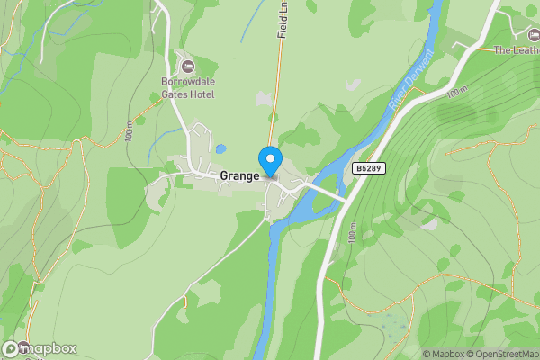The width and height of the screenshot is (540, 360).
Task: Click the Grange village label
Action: pos(239,176)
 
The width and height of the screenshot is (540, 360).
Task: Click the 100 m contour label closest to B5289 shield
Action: pos(350,231)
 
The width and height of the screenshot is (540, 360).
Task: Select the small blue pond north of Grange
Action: pos(220,148)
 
